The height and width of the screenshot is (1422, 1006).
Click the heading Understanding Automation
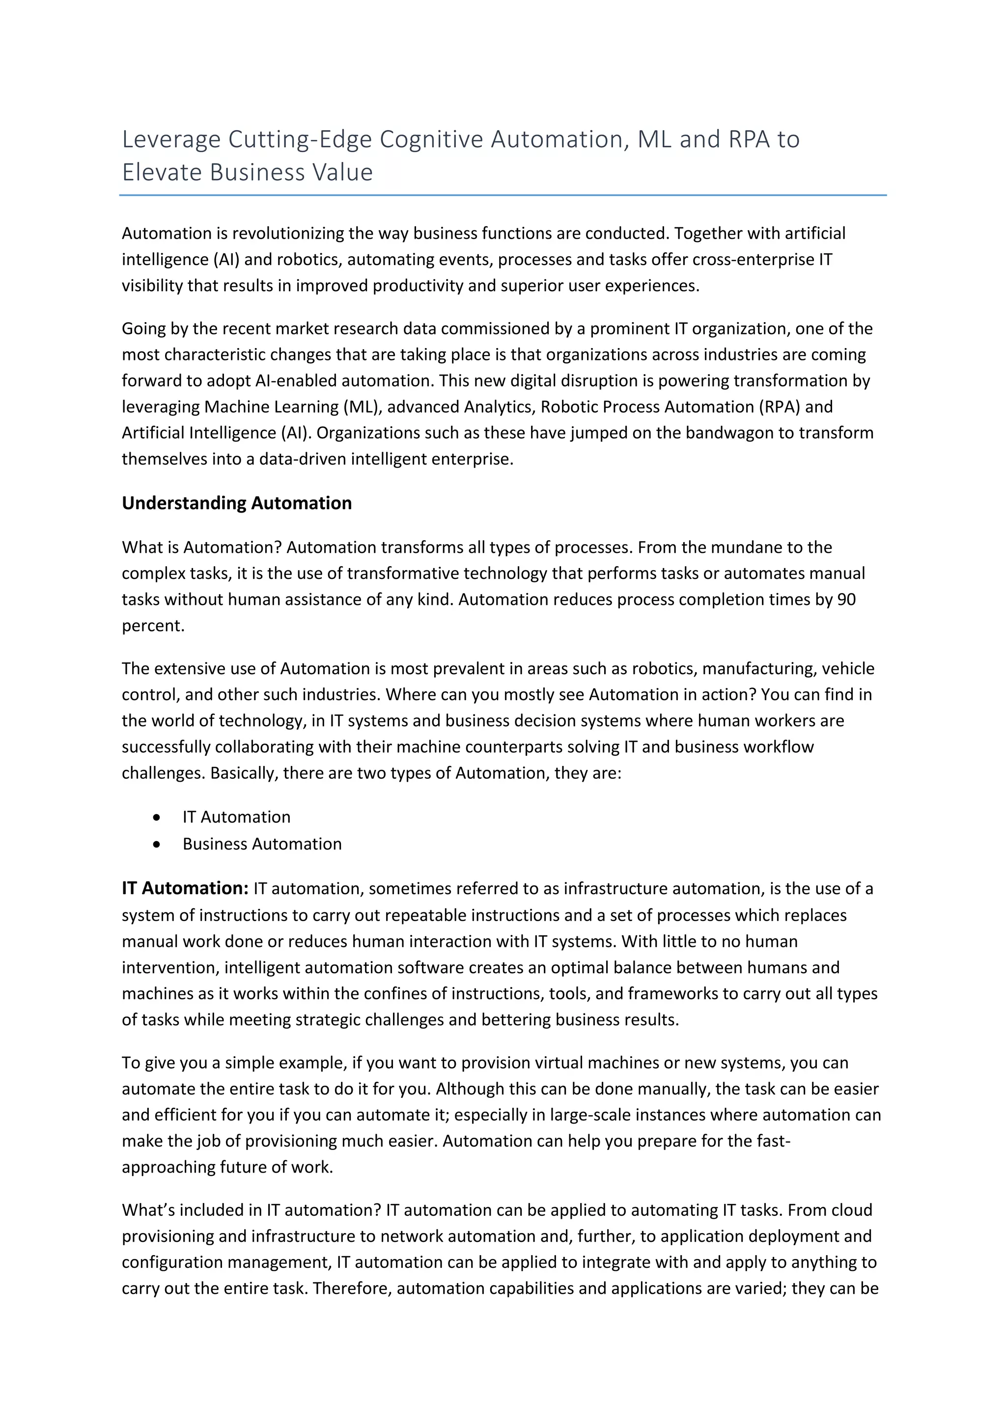tap(237, 503)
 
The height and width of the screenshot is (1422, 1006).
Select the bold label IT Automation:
tap(185, 888)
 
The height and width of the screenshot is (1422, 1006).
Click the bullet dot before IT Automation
tap(157, 818)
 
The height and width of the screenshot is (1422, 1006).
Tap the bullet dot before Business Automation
tap(157, 844)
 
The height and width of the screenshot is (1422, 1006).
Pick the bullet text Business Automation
tap(262, 844)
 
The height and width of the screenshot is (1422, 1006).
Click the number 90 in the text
tap(846, 600)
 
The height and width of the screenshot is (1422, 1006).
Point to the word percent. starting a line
tap(153, 626)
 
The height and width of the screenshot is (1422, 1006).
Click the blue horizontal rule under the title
tap(503, 195)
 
